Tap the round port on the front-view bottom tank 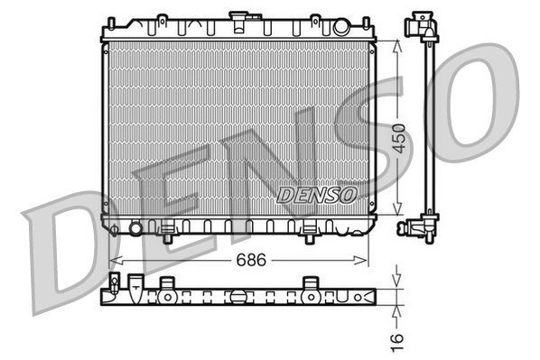point(135,227)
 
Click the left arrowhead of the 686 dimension point(113,260)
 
